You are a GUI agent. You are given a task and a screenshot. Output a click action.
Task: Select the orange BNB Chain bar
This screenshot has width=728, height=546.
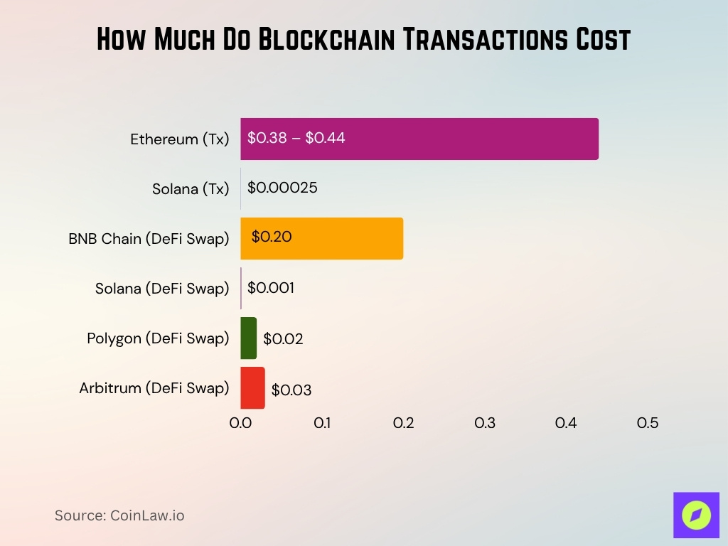coord(341,238)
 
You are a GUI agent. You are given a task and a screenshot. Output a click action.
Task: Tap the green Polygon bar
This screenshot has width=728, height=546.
coord(248,338)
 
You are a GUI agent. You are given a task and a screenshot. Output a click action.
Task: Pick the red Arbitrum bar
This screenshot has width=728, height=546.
coord(252,387)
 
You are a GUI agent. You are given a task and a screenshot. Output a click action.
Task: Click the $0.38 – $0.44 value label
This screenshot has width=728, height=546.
coord(296,138)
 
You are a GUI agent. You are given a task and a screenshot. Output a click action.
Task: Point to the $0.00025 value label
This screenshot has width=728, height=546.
coord(282,188)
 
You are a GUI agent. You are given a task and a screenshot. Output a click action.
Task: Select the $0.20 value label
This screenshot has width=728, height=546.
coord(272,237)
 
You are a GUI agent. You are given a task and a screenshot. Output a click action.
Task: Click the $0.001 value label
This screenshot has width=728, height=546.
coord(271,287)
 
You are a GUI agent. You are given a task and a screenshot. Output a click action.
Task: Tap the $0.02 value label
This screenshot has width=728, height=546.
coord(283,339)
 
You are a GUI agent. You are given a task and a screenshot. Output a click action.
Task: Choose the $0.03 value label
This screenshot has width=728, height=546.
coord(291,390)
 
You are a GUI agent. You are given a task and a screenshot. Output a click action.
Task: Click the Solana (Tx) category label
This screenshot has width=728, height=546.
coord(191,189)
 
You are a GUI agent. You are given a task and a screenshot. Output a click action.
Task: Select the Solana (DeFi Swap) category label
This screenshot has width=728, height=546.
coord(162,289)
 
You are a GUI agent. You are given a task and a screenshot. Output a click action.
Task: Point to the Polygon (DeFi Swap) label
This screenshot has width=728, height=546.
coord(158,338)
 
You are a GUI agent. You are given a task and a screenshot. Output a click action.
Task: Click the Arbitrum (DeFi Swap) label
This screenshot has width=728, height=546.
coord(154,388)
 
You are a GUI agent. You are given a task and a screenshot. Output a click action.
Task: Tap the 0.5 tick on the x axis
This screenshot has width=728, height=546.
coord(647,423)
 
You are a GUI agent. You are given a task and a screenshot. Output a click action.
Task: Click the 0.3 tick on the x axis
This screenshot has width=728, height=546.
coord(485,423)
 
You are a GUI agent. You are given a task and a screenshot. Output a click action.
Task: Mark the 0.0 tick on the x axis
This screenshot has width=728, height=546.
coord(240,423)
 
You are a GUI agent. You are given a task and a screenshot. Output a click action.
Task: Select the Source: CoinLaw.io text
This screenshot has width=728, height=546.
coord(119,515)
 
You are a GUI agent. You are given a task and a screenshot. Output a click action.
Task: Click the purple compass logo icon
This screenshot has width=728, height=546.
coord(696,515)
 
